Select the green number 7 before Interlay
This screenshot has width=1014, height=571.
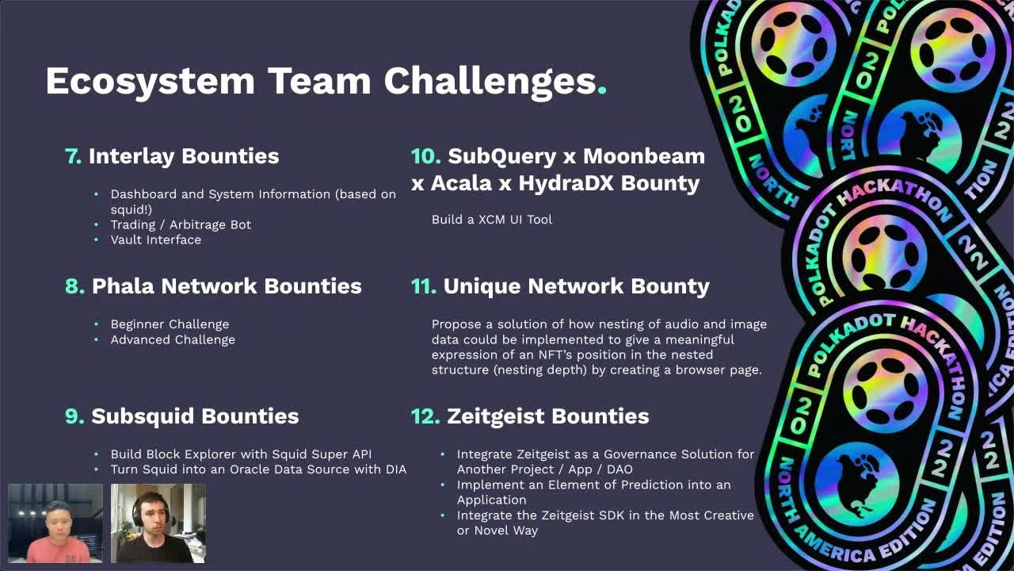tap(73, 156)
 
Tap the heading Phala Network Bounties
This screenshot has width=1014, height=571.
tap(227, 286)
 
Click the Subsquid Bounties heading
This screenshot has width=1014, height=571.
tap(195, 416)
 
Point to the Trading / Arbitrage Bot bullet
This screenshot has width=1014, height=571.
tap(181, 224)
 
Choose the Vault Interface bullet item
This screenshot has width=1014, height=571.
tap(155, 240)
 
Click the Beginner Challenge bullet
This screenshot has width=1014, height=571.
tap(170, 324)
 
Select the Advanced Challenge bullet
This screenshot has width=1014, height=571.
tap(173, 339)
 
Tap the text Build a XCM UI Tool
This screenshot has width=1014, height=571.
tap(491, 220)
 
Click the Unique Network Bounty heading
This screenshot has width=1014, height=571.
tap(576, 286)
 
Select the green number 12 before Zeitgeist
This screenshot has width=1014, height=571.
tap(425, 416)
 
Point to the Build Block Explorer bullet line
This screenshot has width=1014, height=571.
tap(241, 454)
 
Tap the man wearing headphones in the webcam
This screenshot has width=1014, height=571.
tap(158, 523)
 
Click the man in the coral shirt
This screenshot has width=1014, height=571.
tap(55, 527)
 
